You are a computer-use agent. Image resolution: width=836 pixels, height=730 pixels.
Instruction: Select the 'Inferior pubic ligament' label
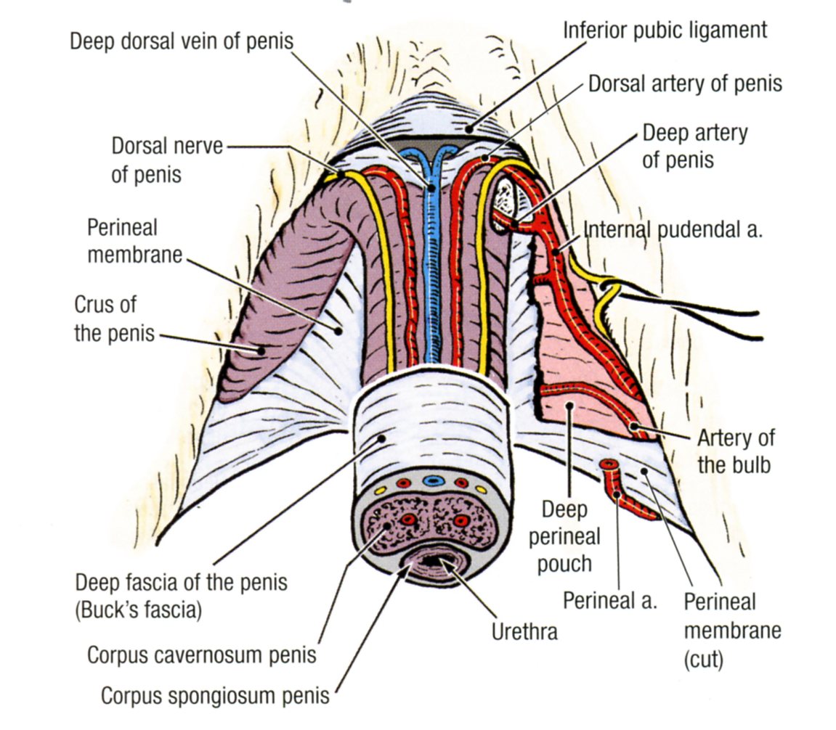(665, 30)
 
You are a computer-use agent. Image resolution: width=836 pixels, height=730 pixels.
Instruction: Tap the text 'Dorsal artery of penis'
(685, 83)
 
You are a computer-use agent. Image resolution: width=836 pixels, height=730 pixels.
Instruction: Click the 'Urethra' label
(524, 631)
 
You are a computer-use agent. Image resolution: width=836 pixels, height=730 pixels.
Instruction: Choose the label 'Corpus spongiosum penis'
(215, 696)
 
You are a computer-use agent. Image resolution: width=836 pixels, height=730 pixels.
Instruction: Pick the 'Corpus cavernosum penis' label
(202, 655)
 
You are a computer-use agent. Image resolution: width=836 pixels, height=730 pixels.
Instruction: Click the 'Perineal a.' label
(610, 601)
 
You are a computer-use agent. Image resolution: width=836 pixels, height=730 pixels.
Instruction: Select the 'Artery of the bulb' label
(736, 451)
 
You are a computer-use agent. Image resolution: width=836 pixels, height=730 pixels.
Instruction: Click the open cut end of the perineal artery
(608, 464)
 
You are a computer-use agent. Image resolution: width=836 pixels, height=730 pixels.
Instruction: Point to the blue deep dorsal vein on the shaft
(432, 276)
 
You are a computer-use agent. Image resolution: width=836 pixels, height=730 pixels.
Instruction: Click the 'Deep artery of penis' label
(694, 146)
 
